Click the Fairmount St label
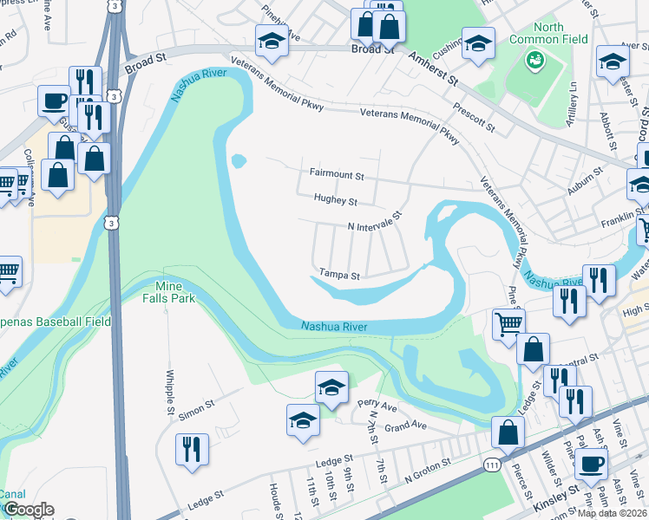pyautogui.click(x=337, y=174)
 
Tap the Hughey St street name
pyautogui.click(x=336, y=201)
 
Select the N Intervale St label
pyautogui.click(x=376, y=222)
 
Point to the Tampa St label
pyautogui.click(x=339, y=274)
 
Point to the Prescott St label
pyautogui.click(x=475, y=120)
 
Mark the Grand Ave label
pyautogui.click(x=406, y=426)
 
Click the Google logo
pyautogui.click(x=29, y=510)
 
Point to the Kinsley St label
pyautogui.click(x=557, y=493)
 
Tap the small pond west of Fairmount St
pyautogui.click(x=237, y=160)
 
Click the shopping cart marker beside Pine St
pyautogui.click(x=509, y=324)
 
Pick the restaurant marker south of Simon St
pyautogui.click(x=192, y=449)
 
